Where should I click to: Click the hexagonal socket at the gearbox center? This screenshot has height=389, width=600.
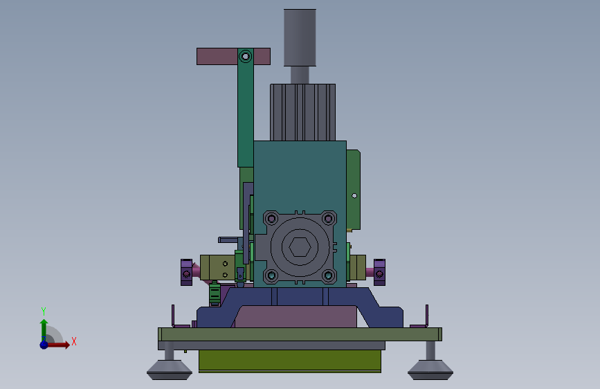(x=300, y=246)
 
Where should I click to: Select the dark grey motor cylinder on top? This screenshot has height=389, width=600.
(x=300, y=37)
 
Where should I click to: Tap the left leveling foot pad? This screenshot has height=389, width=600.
(x=169, y=370)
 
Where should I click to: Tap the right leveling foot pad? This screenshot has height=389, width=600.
(x=430, y=370)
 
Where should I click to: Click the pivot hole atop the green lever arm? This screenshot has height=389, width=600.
(x=245, y=57)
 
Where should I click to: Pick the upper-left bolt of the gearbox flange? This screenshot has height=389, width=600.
(x=271, y=219)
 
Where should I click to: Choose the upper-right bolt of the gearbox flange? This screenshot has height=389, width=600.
(x=328, y=219)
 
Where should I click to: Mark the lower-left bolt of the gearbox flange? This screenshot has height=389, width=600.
(x=271, y=275)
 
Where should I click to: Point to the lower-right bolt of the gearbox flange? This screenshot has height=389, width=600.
(x=328, y=275)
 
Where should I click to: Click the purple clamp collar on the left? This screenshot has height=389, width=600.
(x=186, y=272)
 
